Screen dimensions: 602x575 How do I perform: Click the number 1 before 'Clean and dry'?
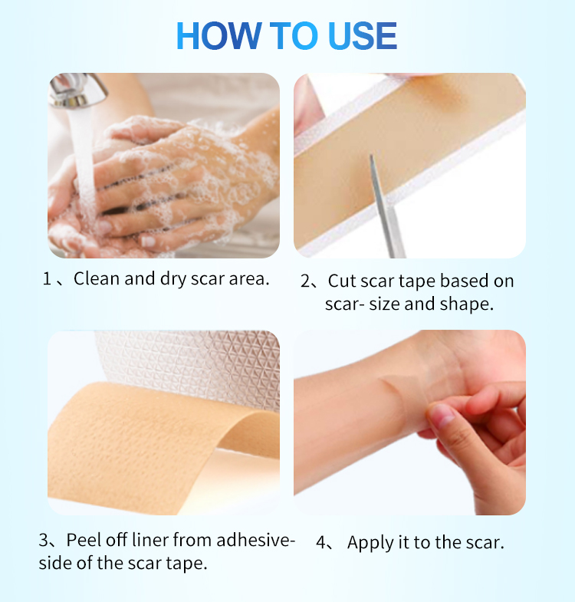point(47,278)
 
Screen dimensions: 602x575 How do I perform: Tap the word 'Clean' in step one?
point(97,278)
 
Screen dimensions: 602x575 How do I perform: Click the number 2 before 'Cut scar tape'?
point(304,281)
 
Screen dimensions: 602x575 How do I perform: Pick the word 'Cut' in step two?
point(341,281)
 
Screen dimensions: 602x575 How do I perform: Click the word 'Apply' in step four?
point(369,543)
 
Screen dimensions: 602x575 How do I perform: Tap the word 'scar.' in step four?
point(483,543)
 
